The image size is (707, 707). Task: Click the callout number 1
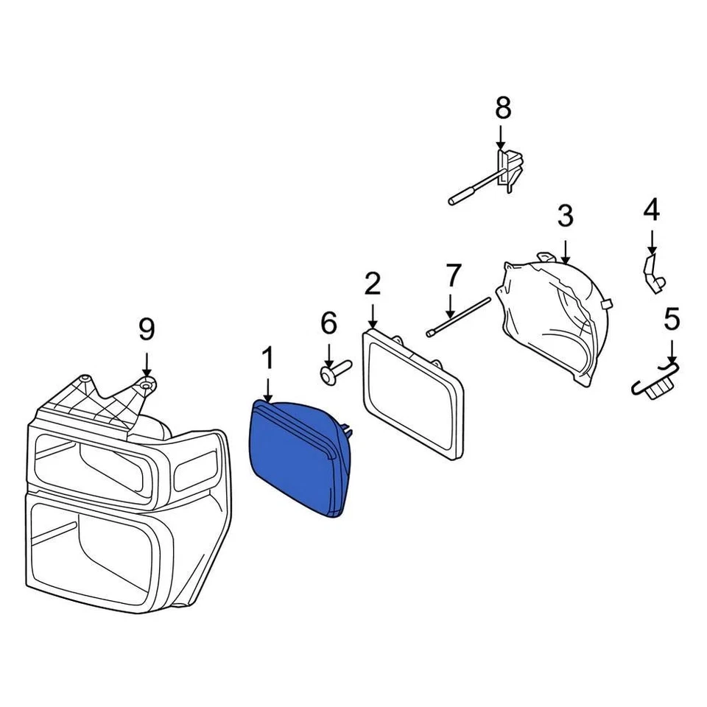[268, 359]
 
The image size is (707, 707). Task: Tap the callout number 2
[373, 284]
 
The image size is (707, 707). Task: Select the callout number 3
[565, 217]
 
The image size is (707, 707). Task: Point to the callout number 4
[652, 211]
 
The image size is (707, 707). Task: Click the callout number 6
[328, 323]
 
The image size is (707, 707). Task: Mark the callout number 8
[502, 108]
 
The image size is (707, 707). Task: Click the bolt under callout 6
[335, 370]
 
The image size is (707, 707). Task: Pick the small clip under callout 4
[653, 272]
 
